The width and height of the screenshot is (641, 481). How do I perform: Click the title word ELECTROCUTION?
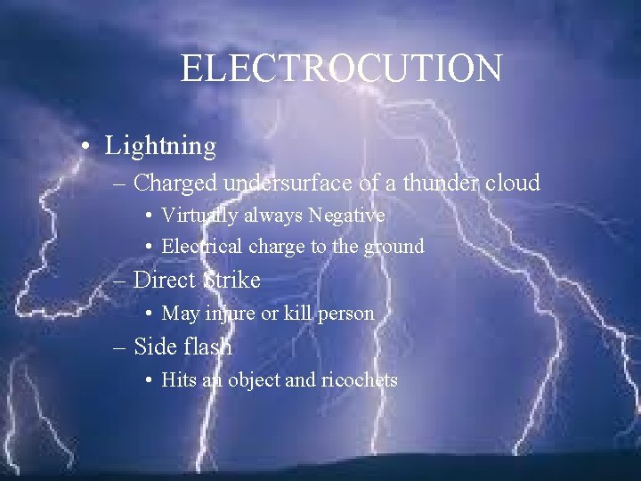tap(341, 69)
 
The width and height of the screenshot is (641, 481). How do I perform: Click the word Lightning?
tap(160, 145)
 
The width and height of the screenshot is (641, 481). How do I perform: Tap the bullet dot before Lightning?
tap(83, 145)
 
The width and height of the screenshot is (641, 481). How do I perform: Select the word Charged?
tap(176, 183)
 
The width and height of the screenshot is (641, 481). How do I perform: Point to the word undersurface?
tap(290, 183)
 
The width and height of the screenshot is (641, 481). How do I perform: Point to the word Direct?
tap(164, 280)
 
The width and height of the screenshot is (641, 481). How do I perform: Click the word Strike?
tap(231, 280)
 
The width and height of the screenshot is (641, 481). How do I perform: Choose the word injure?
tap(230, 314)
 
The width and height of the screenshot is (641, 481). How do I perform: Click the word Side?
tap(153, 346)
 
